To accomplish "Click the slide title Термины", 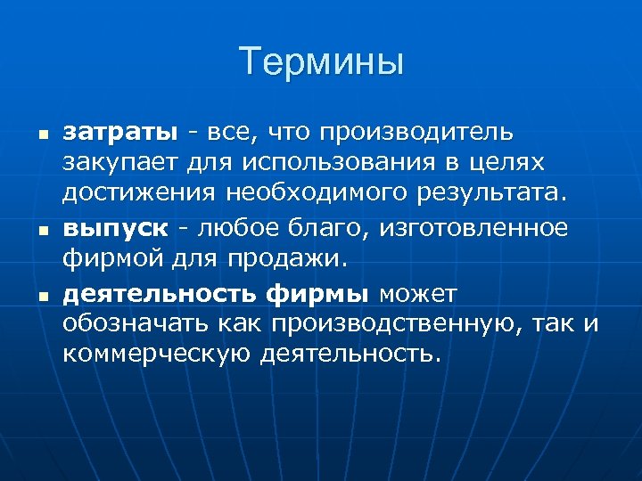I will coord(321,61).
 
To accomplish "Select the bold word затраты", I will coord(119,134).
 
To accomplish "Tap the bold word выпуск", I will coord(114,229).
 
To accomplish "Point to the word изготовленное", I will coord(473,228).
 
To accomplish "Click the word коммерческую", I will coord(157,355).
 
